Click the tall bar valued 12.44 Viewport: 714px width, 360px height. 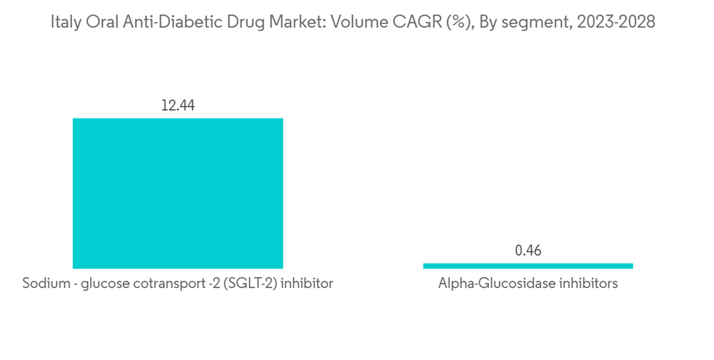pyautogui.click(x=178, y=193)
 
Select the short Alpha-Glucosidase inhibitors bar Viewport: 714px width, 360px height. pyautogui.click(x=528, y=266)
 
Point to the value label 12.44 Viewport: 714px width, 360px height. pyautogui.click(x=178, y=106)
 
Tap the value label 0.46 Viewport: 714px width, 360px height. pyautogui.click(x=528, y=251)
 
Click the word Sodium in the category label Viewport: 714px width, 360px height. pyautogui.click(x=44, y=284)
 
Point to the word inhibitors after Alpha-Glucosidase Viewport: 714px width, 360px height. pyautogui.click(x=590, y=284)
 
